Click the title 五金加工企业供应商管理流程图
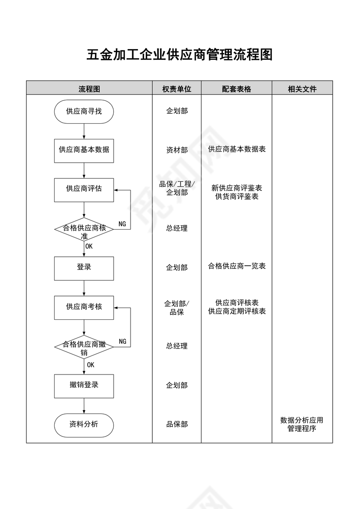point(180,55)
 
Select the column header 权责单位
point(177,89)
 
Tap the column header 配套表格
point(236,89)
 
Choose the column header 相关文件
point(302,89)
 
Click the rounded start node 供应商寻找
point(84,112)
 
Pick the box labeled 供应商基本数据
point(84,150)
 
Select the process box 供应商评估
point(84,189)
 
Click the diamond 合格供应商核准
point(84,229)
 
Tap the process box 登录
point(84,268)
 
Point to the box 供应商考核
point(84,307)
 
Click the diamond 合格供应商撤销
point(84,347)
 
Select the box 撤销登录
point(84,385)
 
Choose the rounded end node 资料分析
point(84,424)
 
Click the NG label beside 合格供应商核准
point(122,224)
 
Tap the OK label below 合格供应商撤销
point(91,365)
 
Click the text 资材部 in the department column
point(177,150)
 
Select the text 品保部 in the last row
point(177,424)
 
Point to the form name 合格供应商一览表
point(237,266)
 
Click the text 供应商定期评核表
point(237,311)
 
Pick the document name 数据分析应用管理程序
point(302,424)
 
